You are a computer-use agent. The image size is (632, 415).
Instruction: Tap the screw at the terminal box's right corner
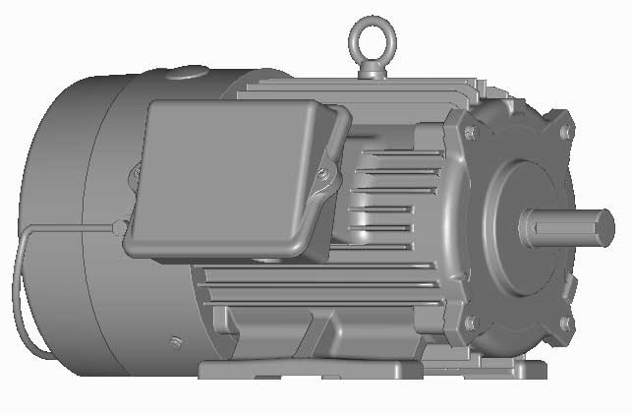click(323, 175)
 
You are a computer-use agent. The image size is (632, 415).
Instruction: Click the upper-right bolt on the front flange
click(565, 132)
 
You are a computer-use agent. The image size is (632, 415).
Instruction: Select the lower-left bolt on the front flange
click(470, 322)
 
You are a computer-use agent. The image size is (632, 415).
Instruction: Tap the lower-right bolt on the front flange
click(565, 323)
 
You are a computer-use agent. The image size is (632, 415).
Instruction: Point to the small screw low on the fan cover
click(176, 342)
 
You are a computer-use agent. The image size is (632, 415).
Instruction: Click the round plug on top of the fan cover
click(187, 72)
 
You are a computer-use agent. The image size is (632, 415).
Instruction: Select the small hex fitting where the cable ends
click(119, 227)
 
